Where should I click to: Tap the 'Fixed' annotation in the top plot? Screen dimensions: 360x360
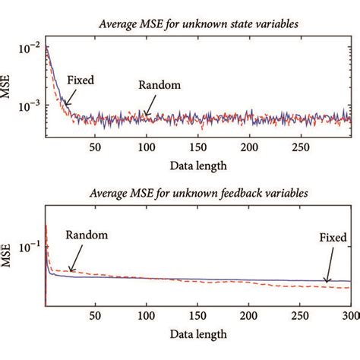pyautogui.click(x=81, y=79)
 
